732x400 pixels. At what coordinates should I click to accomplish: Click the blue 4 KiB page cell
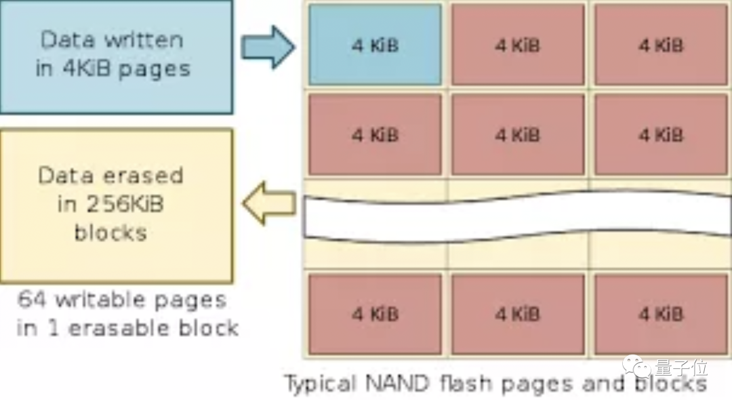point(375,45)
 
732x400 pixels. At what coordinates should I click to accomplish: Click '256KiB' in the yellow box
point(123,204)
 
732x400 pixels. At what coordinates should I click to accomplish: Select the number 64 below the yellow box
point(31,299)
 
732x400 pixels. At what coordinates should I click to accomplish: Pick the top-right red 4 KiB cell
point(661,45)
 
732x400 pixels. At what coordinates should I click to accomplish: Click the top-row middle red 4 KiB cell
point(518,45)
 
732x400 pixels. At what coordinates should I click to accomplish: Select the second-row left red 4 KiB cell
point(375,134)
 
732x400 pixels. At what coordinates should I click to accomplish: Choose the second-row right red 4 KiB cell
point(661,134)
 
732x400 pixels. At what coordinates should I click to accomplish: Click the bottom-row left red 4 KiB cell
point(375,314)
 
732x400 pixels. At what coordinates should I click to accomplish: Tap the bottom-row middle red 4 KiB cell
point(518,314)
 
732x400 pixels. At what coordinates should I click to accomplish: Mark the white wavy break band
point(515,217)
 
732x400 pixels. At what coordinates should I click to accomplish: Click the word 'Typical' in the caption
point(320,384)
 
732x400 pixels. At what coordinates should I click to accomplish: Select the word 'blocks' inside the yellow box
point(110,233)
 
